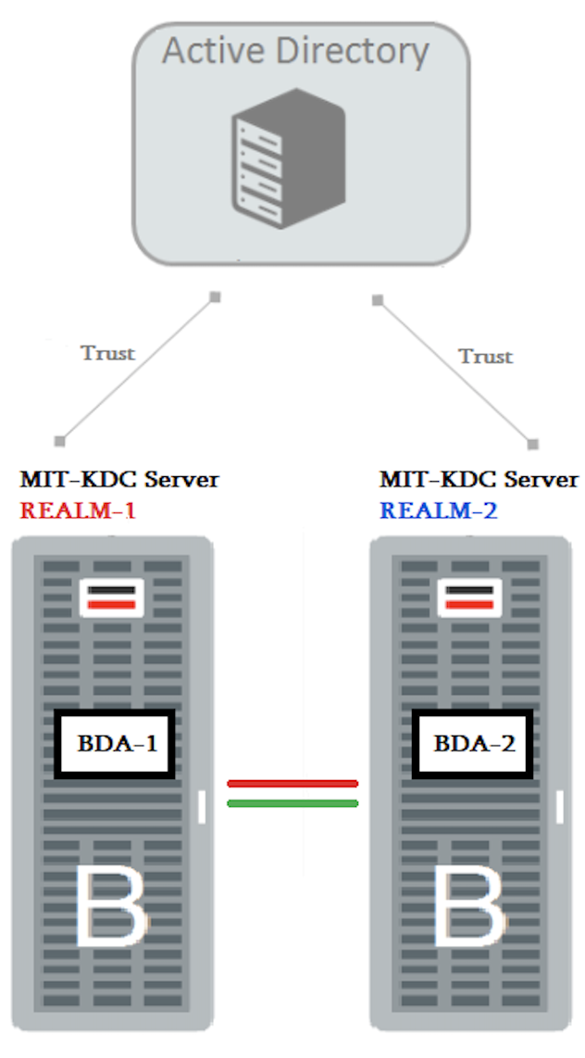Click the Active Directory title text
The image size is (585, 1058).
click(x=295, y=50)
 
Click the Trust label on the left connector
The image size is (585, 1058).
click(x=107, y=353)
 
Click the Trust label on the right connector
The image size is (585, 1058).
click(x=485, y=357)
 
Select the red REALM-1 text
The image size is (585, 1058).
click(x=78, y=510)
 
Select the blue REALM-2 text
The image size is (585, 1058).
click(x=437, y=510)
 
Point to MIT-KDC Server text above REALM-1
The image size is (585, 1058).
click(x=119, y=479)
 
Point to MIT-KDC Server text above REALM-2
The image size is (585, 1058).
click(x=479, y=479)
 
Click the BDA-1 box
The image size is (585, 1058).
click(x=116, y=743)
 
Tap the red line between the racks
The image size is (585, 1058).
click(x=292, y=784)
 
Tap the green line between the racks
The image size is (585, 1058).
click(x=292, y=803)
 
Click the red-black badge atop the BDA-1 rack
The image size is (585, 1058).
click(x=112, y=598)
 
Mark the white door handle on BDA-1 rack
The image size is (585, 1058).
click(x=201, y=807)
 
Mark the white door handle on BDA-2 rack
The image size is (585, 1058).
click(x=559, y=807)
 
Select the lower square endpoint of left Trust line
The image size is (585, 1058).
click(x=60, y=440)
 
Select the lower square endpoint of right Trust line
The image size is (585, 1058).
click(x=532, y=444)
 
